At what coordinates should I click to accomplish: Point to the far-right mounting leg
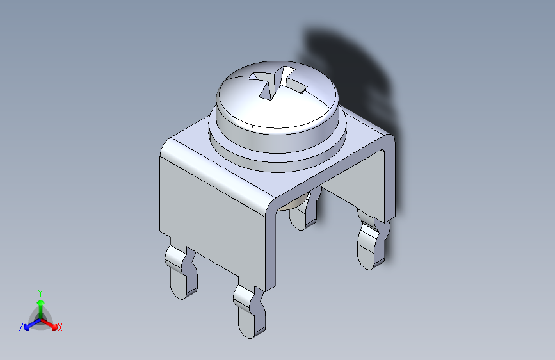(372, 241)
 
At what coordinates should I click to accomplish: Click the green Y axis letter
(40, 293)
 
